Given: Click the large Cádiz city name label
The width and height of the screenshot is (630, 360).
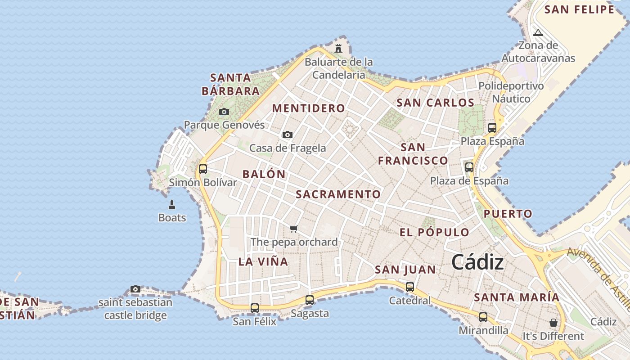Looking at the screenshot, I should click(x=477, y=262).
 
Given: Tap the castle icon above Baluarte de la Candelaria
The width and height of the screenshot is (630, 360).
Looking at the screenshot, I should click(x=338, y=48).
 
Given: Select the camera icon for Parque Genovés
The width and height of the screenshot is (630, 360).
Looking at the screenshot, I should click(x=224, y=112).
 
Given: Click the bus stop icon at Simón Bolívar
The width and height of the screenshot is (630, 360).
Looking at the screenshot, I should click(x=203, y=169).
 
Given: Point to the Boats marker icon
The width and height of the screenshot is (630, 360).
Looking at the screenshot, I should click(x=171, y=205).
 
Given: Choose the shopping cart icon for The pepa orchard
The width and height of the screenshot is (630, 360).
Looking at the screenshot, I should click(x=294, y=229).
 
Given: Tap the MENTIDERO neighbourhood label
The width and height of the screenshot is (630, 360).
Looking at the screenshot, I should click(x=309, y=108).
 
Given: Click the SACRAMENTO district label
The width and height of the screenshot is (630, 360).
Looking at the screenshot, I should click(x=338, y=194).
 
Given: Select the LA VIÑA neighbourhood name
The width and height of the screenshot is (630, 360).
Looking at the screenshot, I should click(x=263, y=262).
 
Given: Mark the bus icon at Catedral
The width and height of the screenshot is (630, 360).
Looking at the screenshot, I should click(x=410, y=287).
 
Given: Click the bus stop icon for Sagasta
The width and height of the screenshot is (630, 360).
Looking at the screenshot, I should click(x=310, y=300).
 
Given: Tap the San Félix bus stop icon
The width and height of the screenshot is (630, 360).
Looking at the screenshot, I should click(x=255, y=308).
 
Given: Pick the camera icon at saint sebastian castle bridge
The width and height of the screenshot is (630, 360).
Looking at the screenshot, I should click(x=135, y=289).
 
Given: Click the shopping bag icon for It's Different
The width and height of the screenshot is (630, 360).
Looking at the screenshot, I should click(x=553, y=323).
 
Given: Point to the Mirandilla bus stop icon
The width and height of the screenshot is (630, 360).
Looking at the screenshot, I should click(x=483, y=317).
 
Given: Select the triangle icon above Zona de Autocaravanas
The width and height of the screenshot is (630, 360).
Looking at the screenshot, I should click(x=538, y=32).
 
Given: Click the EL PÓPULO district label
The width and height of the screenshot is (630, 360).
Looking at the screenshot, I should click(x=435, y=233).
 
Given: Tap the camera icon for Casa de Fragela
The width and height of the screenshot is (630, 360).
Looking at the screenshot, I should click(x=288, y=135).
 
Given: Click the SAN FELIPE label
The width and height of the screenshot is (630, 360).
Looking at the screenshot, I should click(x=579, y=10).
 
